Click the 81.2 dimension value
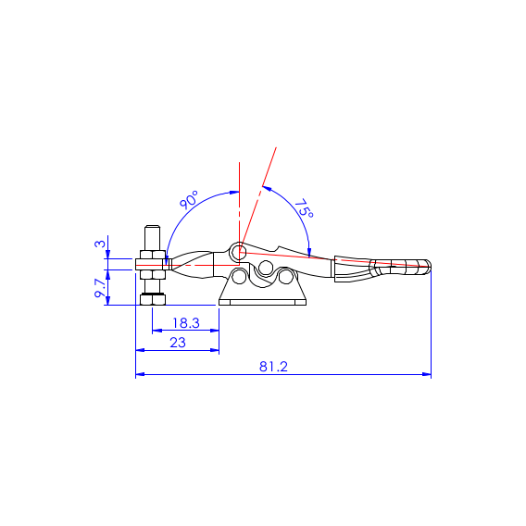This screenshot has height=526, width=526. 273,367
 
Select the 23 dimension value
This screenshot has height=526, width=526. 178,343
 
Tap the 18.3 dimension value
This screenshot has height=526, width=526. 186,323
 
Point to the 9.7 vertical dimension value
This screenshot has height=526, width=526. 100,288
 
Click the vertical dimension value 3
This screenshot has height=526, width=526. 100,244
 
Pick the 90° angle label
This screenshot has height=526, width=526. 189,200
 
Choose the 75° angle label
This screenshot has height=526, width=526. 304,208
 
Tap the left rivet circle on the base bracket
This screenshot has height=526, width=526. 239,277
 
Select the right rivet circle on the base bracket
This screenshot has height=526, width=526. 285,276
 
